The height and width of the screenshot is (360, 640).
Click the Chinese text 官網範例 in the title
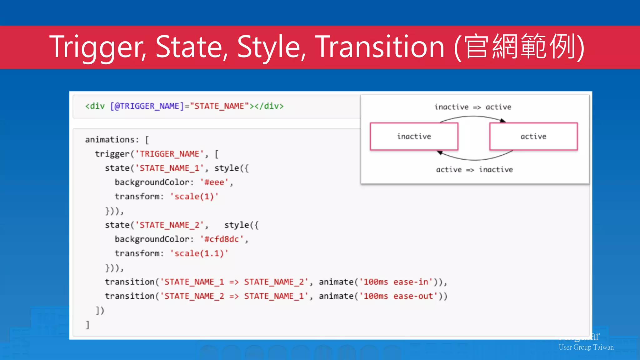[519, 47]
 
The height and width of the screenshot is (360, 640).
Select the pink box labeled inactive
[414, 136]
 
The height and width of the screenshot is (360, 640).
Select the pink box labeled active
[533, 136]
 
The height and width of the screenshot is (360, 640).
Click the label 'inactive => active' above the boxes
[472, 107]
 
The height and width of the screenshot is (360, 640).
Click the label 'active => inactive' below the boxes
[474, 169]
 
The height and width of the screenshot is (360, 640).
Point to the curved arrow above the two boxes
[472, 117]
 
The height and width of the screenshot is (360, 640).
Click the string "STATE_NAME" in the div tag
[219, 106]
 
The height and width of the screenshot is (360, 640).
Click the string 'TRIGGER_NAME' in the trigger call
[169, 154]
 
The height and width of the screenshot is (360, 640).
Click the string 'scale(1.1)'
[199, 253]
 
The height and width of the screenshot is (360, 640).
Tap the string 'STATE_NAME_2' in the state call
[169, 225]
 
